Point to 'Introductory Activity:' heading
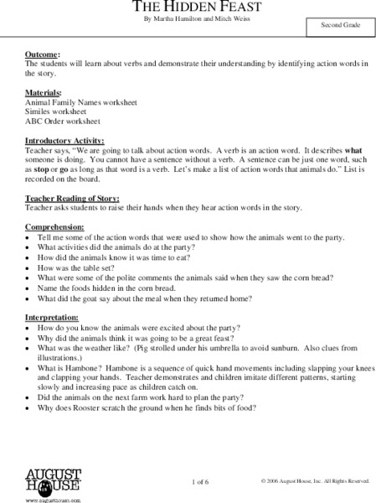coord(64,140)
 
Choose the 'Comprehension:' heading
coord(54,227)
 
